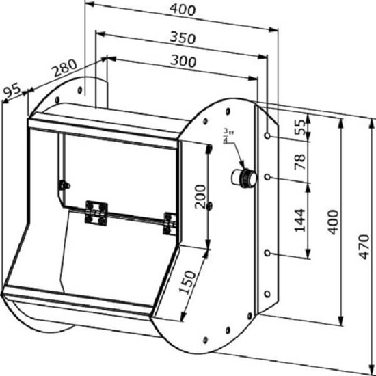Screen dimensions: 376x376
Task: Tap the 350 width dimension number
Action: point(183,38)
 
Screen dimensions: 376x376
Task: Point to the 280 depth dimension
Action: point(65,68)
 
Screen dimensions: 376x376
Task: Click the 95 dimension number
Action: point(12,90)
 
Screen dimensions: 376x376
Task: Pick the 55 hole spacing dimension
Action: point(300,127)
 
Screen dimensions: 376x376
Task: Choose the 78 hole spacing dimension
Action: point(300,162)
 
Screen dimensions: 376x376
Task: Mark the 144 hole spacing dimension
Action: point(300,220)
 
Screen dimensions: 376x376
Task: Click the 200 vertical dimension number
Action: point(200,197)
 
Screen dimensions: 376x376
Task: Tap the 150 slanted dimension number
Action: point(187,282)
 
